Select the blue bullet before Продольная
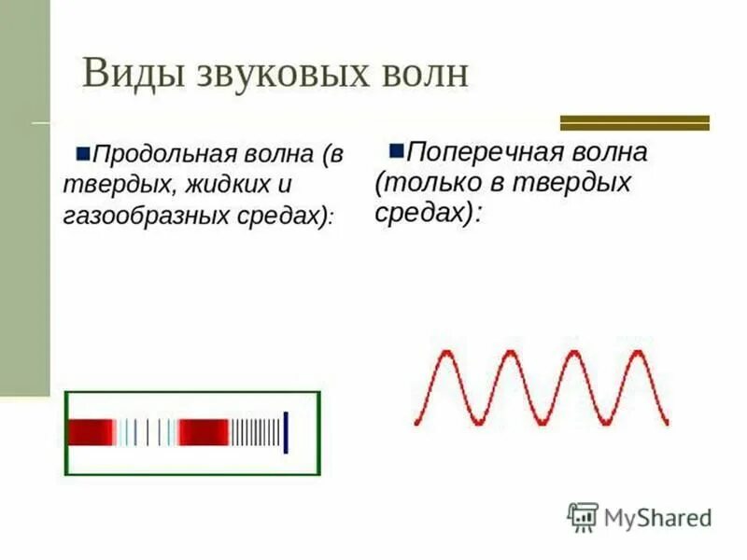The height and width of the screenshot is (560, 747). pos(82,149)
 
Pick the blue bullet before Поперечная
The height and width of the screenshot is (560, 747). pos(396,148)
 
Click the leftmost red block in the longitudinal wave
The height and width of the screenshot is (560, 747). pos(91,432)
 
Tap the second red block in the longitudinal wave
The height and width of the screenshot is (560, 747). pos(204,432)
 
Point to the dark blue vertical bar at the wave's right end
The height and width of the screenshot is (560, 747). pos(286,432)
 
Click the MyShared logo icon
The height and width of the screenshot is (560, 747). pos(583,516)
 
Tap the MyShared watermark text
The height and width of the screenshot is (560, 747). pos(656,517)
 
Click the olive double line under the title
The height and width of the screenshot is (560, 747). pos(634,122)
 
